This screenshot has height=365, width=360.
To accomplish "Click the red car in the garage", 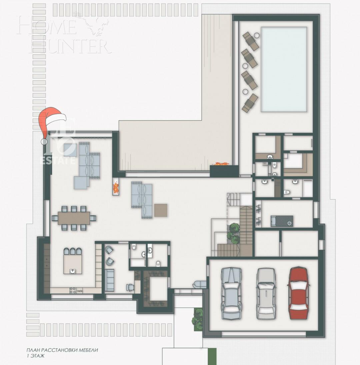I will click(x=298, y=293).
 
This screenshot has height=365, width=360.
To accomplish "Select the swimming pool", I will click(x=284, y=69).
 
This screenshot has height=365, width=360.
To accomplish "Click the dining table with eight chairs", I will click(x=74, y=218).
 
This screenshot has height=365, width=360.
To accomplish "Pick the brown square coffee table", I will click(x=161, y=210).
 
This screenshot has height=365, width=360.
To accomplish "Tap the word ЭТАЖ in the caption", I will click(x=37, y=356).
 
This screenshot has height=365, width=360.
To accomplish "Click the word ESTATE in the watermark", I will click(x=57, y=161).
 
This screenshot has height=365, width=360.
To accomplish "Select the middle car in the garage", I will click(x=266, y=293).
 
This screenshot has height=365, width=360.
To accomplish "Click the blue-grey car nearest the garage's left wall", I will click(x=231, y=293).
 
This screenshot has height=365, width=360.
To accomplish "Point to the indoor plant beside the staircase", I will click(x=234, y=231).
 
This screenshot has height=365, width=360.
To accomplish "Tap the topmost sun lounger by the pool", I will click(x=251, y=41).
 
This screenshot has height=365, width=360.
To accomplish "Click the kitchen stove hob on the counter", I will click(x=72, y=291).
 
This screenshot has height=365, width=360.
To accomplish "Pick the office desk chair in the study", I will click(x=130, y=287).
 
